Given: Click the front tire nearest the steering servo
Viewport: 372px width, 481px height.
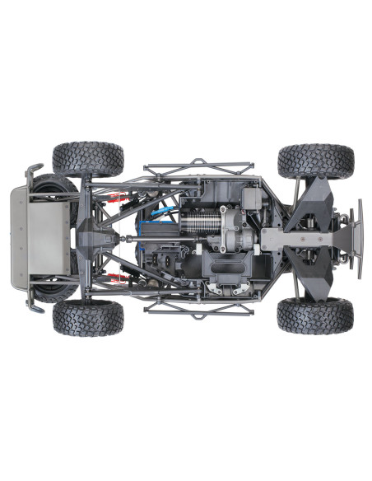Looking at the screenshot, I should click(x=315, y=161).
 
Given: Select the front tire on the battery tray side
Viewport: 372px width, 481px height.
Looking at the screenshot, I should click(x=315, y=315).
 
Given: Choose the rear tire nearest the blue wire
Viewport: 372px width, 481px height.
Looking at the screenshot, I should click(x=88, y=160).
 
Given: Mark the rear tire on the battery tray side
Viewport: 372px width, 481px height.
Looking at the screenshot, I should click(x=88, y=318).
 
